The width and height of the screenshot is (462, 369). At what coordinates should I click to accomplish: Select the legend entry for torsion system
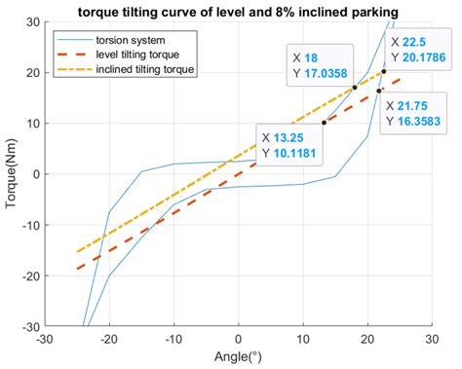click(x=136, y=40)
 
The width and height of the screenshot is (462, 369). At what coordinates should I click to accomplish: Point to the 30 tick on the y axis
click(x=32, y=21)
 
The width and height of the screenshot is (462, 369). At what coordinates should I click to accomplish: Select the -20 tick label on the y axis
click(x=29, y=276)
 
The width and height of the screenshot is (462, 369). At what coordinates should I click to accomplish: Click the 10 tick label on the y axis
click(x=32, y=124)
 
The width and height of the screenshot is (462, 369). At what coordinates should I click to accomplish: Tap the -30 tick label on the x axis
click(x=44, y=340)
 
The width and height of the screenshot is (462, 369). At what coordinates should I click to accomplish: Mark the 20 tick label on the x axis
click(x=367, y=340)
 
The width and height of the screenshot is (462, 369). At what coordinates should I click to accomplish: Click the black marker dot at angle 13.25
click(x=324, y=123)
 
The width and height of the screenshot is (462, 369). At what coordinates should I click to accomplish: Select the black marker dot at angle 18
click(x=354, y=88)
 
